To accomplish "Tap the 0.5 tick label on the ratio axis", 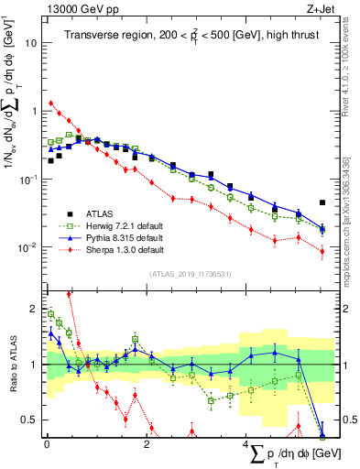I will [30, 419].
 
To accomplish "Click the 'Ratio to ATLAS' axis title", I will [12, 364].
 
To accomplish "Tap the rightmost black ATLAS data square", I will [322, 202].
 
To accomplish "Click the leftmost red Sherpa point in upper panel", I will [50, 104].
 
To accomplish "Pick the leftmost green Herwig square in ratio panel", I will [50, 314].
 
